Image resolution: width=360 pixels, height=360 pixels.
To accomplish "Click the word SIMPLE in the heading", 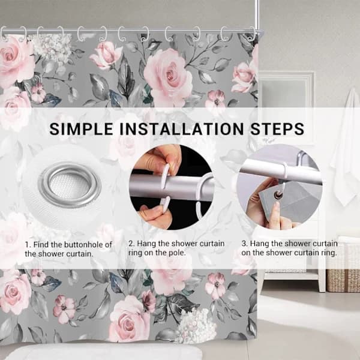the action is point(81,129).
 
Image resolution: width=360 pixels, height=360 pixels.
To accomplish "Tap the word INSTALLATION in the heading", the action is point(181,129).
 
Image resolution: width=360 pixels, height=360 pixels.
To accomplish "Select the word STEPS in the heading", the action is point(277,129).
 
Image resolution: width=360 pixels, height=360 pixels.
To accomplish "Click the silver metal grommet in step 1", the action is point(70,185).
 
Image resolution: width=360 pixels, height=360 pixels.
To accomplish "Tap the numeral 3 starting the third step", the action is point(244,244).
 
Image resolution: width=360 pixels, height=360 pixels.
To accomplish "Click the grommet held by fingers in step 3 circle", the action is point(278,196).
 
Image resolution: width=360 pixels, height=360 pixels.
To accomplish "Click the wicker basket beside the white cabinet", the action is point(343,264).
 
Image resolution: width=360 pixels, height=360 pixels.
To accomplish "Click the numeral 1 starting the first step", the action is point(27,245).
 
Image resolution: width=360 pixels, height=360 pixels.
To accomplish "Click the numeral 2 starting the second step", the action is point(131,244).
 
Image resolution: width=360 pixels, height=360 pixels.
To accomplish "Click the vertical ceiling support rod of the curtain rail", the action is point(257,15).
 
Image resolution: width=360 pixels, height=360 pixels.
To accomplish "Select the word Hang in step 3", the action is point(260,244).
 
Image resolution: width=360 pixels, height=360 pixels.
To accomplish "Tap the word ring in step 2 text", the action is point(135,253).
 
